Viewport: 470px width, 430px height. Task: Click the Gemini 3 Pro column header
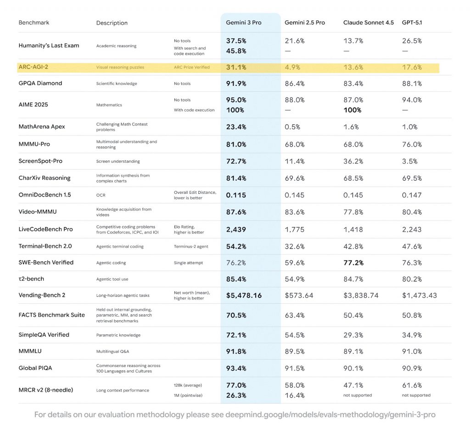point(243,23)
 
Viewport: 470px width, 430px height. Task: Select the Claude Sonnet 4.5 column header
point(368,23)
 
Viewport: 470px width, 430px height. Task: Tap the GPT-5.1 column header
point(412,23)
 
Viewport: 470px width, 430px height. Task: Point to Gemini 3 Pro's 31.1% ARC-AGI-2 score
point(236,67)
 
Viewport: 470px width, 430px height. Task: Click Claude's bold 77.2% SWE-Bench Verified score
point(353,263)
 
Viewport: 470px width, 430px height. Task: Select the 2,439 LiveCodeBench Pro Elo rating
point(236,229)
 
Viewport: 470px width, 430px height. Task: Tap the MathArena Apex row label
point(42,127)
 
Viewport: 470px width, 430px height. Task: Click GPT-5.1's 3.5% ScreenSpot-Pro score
point(409,161)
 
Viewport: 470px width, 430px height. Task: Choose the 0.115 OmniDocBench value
point(236,195)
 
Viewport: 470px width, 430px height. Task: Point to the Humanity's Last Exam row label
point(49,45)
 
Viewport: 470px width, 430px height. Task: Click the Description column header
point(112,23)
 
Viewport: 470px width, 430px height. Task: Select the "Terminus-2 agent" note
point(191,247)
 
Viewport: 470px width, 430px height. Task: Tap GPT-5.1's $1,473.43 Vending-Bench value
point(419,295)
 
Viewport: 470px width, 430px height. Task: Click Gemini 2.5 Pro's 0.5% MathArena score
point(293,127)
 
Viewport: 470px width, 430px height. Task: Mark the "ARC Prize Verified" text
point(191,68)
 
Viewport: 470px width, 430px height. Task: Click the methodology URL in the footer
point(330,415)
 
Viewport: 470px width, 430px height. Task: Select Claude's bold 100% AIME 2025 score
point(352,110)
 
